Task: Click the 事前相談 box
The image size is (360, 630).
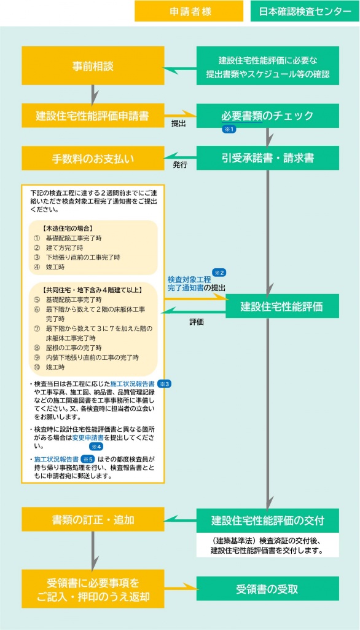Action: (x=93, y=65)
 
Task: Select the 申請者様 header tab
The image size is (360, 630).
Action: (x=189, y=11)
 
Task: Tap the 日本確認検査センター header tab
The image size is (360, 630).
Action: (x=305, y=11)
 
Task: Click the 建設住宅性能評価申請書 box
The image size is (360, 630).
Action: (x=93, y=116)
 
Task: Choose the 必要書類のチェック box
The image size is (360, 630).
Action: (x=268, y=116)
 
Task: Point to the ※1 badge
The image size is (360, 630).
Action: (x=229, y=129)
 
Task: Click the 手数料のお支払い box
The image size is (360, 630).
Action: (x=93, y=158)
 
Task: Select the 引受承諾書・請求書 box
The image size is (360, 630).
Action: (x=268, y=158)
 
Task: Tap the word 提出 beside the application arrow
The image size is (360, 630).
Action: (x=178, y=124)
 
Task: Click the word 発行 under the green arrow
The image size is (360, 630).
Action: (x=180, y=165)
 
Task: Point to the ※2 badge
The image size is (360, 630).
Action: (x=219, y=273)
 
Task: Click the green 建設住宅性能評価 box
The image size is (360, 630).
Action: (x=282, y=306)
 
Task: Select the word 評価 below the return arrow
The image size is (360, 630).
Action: (x=197, y=322)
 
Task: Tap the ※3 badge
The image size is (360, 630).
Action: (x=164, y=384)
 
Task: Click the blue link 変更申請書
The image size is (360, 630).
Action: (x=88, y=437)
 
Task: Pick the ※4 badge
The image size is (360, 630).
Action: (x=96, y=447)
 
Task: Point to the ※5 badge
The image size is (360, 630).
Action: (x=88, y=459)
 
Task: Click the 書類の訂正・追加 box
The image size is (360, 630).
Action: (x=93, y=519)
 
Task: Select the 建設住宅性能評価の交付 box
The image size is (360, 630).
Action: (x=268, y=520)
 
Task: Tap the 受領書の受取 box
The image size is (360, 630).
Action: (x=268, y=589)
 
